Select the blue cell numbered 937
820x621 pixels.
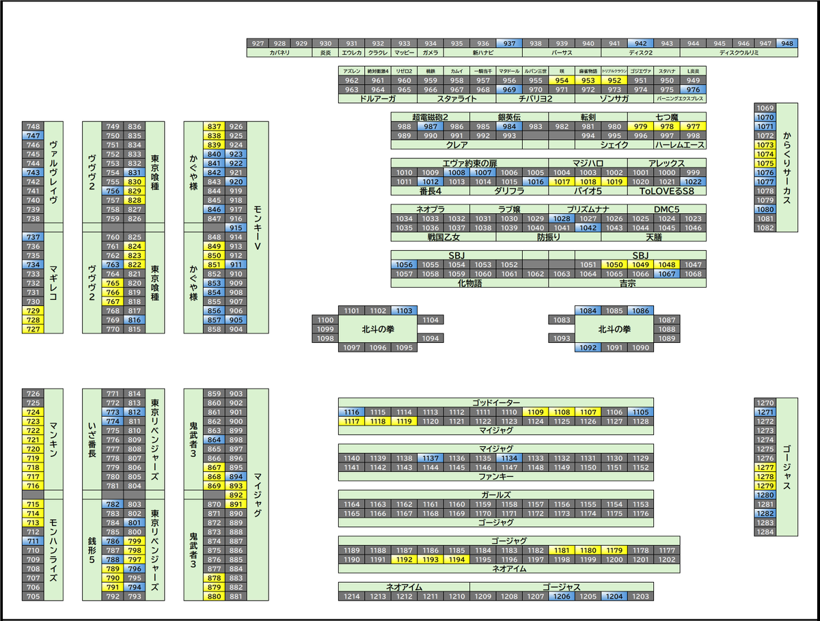[x=509, y=43]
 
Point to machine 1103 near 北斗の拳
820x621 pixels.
[x=404, y=311]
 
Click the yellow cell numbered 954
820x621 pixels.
[x=562, y=80]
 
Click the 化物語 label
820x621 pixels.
[x=469, y=283]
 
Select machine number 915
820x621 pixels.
[x=236, y=227]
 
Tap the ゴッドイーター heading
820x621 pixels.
[x=496, y=402]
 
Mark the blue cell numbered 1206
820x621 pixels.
[x=562, y=596]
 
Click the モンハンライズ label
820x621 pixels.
[x=53, y=550]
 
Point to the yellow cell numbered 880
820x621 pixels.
[x=215, y=596]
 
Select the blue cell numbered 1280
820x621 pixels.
[x=766, y=495]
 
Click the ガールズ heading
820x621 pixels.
[x=496, y=495]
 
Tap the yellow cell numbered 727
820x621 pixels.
[x=33, y=329]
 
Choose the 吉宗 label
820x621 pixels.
[x=627, y=283]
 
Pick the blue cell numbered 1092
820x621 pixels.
[x=588, y=348]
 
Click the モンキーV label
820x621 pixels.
[x=257, y=227]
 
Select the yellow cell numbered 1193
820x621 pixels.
[x=430, y=560]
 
